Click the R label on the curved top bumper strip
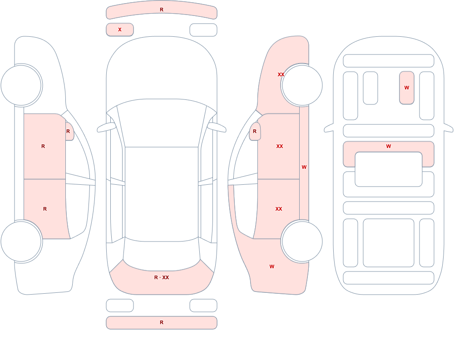pyautogui.click(x=162, y=10)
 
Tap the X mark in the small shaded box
pyautogui.click(x=119, y=30)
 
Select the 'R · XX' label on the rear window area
pyautogui.click(x=162, y=277)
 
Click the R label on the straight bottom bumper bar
pyautogui.click(x=162, y=322)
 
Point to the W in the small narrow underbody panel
pyautogui.click(x=406, y=88)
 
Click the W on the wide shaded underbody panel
pyautogui.click(x=389, y=146)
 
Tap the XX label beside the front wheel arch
pyautogui.click(x=281, y=74)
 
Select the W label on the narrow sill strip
pyautogui.click(x=304, y=167)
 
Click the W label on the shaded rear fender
pyautogui.click(x=271, y=266)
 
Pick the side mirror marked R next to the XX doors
pyautogui.click(x=255, y=131)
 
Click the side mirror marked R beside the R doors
pyautogui.click(x=69, y=131)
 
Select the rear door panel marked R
pyautogui.click(x=45, y=209)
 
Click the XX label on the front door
pyautogui.click(x=279, y=146)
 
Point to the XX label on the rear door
pyautogui.click(x=279, y=209)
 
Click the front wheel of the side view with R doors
pyautogui.click(x=21, y=85)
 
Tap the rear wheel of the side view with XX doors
pyautogui.click(x=302, y=241)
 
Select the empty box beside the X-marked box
pyautogui.click(x=203, y=30)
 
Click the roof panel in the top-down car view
pyautogui.click(x=162, y=194)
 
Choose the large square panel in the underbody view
pyautogui.click(x=389, y=243)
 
